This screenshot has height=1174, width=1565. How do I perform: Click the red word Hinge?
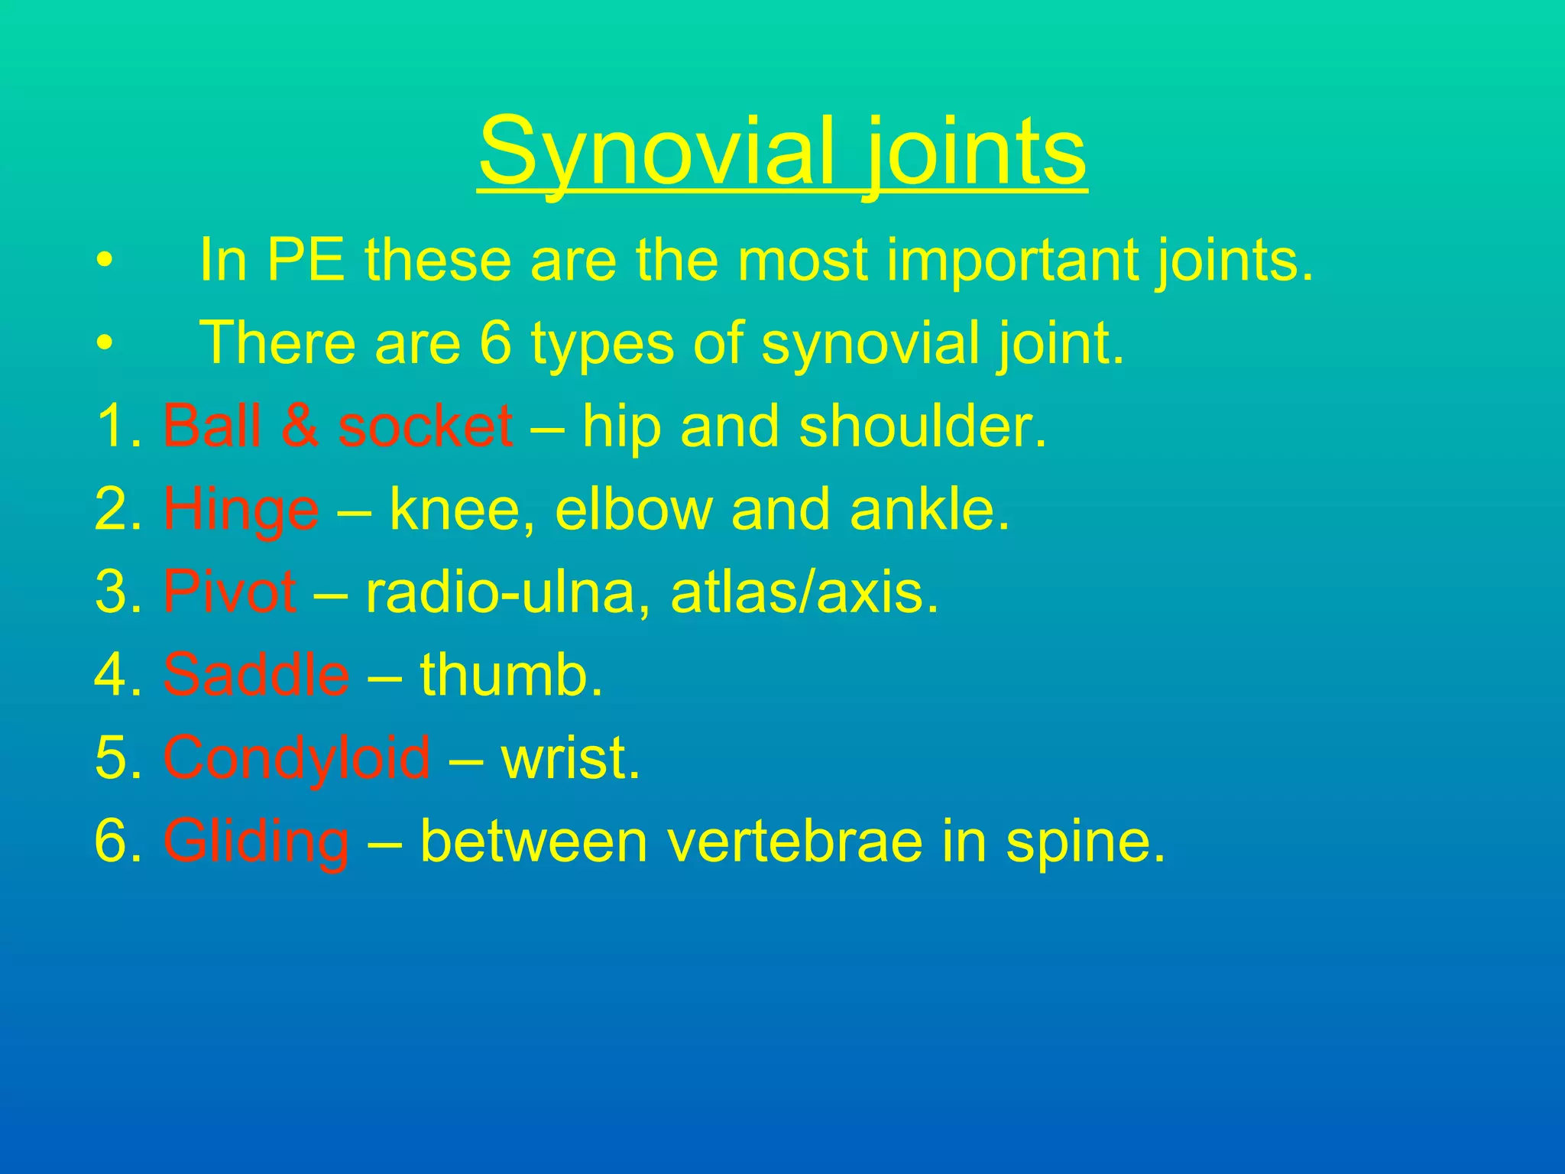pyautogui.click(x=241, y=510)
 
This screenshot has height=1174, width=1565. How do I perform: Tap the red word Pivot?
pyautogui.click(x=229, y=592)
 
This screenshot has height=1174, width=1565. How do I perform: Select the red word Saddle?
pyautogui.click(x=256, y=675)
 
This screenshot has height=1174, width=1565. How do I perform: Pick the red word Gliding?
pyautogui.click(x=256, y=842)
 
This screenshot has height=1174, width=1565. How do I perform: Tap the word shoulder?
pyautogui.click(x=922, y=426)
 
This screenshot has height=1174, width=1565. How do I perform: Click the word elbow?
pyautogui.click(x=633, y=510)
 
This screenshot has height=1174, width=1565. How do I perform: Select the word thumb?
pyautogui.click(x=511, y=675)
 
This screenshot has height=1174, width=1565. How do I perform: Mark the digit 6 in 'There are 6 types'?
pyautogui.click(x=495, y=343)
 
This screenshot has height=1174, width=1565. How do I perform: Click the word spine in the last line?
pyautogui.click(x=1085, y=842)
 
